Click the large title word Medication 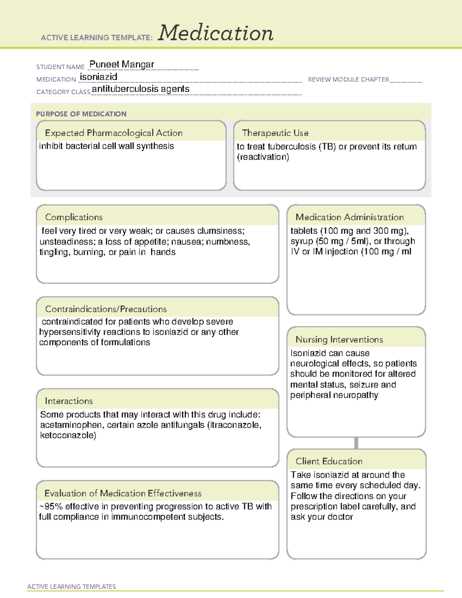coord(215,33)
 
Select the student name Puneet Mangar coord(122,64)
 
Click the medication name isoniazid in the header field coord(99,77)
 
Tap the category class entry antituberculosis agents coord(141,89)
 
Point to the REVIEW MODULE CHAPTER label coord(348,79)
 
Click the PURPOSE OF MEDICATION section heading coord(81,114)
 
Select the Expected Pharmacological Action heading coord(114,133)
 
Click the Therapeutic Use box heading coord(275,133)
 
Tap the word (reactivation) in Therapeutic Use coord(263,157)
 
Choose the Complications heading coord(74,217)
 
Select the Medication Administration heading coord(349,217)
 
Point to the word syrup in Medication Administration coord(302,241)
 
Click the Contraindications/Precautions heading coord(105,309)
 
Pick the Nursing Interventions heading coord(339,340)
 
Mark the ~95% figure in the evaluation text coord(51,506)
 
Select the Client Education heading coord(329,461)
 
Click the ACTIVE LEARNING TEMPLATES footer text coord(71,586)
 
